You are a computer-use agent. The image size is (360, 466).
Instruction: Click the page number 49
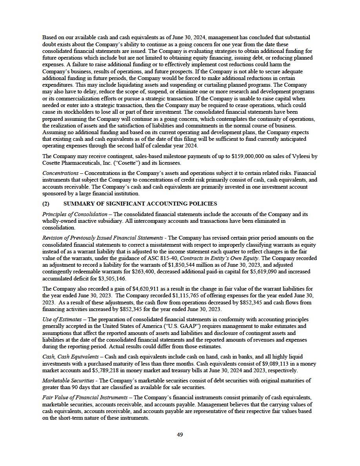pos(180,434)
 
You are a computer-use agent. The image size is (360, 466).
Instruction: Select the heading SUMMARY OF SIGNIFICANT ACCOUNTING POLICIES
pos(140,204)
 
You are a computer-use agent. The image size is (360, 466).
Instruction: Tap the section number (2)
pos(46,204)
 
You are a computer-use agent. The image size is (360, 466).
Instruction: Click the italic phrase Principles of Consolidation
pos(75,214)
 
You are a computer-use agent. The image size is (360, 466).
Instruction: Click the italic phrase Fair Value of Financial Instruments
pos(85,397)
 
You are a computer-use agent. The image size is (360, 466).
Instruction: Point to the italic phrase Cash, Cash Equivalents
pos(70,357)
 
